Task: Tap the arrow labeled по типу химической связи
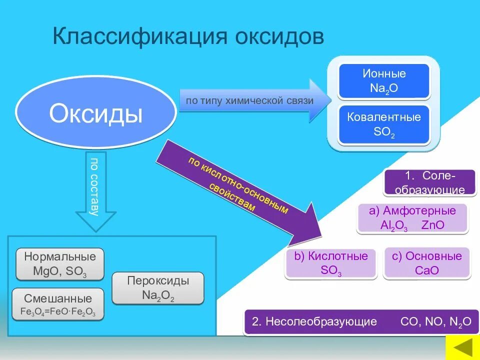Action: pyautogui.click(x=250, y=101)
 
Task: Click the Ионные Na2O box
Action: pyautogui.click(x=384, y=81)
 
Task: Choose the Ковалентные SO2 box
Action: pyautogui.click(x=384, y=124)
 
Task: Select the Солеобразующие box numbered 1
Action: pyautogui.click(x=429, y=182)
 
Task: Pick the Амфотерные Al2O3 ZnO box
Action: pyautogui.click(x=412, y=218)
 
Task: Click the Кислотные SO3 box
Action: pyautogui.click(x=330, y=263)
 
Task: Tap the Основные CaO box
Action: pyautogui.click(x=426, y=263)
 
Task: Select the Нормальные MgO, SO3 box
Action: pyautogui.click(x=60, y=264)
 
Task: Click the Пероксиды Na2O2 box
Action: pyautogui.click(x=158, y=288)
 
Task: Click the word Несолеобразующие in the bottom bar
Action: pyautogui.click(x=320, y=321)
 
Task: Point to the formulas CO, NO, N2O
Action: pyautogui.click(x=435, y=321)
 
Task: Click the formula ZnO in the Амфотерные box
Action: pyautogui.click(x=433, y=225)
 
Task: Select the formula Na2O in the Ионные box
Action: pyautogui.click(x=384, y=88)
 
